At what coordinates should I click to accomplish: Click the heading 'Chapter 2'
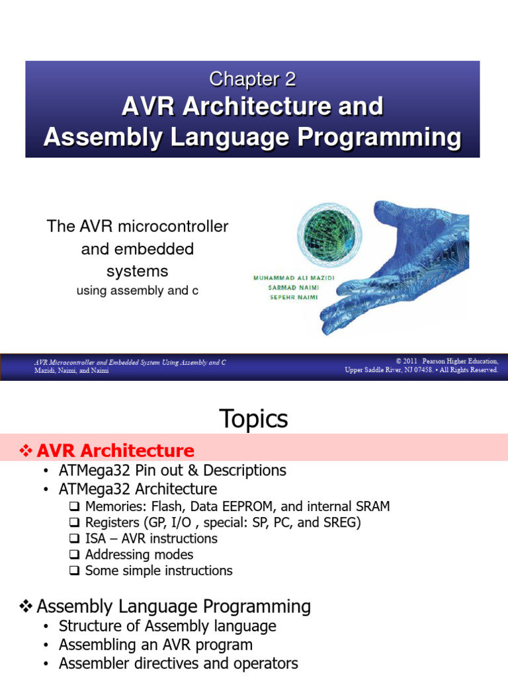click(x=252, y=79)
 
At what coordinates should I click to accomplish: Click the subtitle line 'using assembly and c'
click(x=137, y=290)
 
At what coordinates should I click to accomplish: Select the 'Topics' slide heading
click(x=253, y=418)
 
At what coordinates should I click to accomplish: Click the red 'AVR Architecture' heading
click(x=115, y=451)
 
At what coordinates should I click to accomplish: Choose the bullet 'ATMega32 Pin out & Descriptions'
click(x=172, y=471)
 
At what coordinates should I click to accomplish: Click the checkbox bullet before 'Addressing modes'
click(x=74, y=555)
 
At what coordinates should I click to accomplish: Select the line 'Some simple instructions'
click(x=159, y=571)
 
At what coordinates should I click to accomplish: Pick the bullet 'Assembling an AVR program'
click(x=155, y=645)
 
